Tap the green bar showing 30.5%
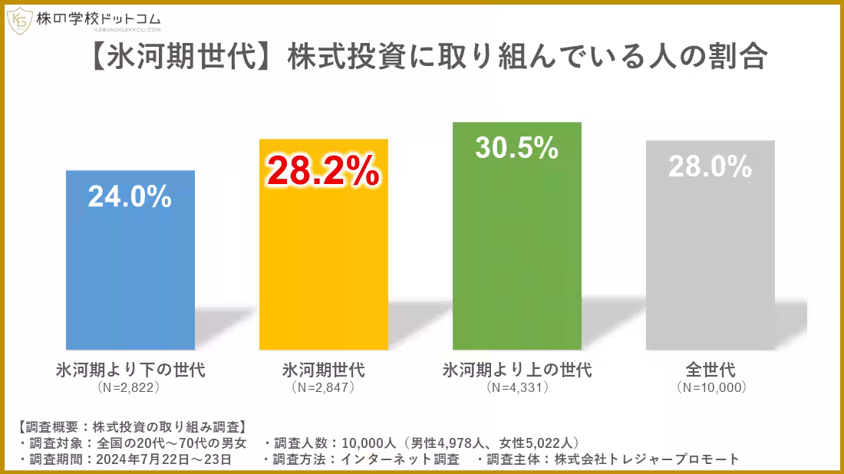[516, 253]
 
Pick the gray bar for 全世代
[710, 261]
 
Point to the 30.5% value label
[516, 148]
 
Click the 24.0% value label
[130, 197]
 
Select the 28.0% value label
[710, 166]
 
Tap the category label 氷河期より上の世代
[517, 370]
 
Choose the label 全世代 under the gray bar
[710, 370]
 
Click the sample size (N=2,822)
[130, 388]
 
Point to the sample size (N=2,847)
[323, 388]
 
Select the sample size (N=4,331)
[517, 388]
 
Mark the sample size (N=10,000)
[711, 388]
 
